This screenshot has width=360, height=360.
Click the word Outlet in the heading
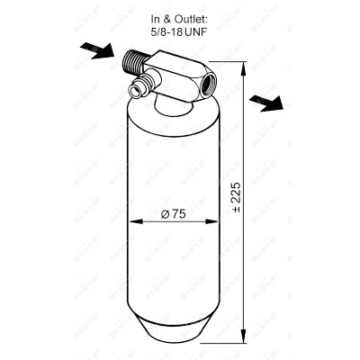point(191,20)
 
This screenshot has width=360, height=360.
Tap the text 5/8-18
point(167,32)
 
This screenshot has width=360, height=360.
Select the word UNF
point(196,32)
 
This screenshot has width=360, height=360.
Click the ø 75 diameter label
point(173,214)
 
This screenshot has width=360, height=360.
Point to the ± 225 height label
point(237,197)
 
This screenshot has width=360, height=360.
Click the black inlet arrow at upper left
point(97,50)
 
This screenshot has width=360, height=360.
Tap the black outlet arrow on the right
point(266,103)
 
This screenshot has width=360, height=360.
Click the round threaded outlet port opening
point(209,85)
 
